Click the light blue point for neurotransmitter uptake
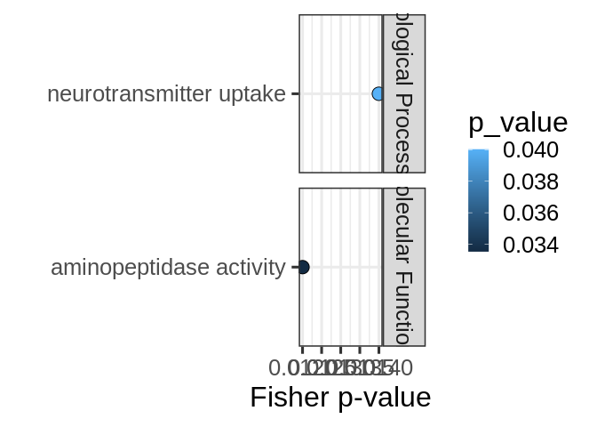pos(378,93)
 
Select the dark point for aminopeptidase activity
pos(303,267)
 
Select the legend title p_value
pos(517,123)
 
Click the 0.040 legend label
pos(530,150)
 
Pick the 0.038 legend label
pos(530,181)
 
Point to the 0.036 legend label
pos(530,213)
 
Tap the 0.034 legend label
pos(530,245)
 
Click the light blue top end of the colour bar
pos(478,152)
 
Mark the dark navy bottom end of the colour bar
pos(478,249)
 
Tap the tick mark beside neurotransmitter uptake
pos(294,93)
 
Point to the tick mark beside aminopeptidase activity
pos(294,267)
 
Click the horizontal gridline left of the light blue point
pos(338,93)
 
